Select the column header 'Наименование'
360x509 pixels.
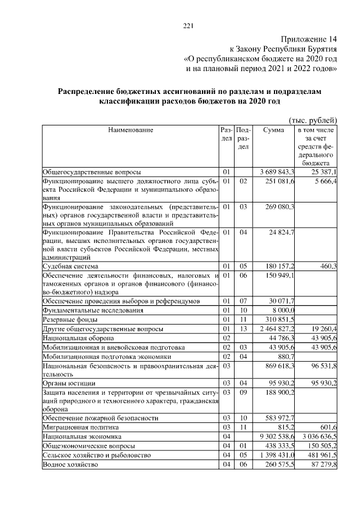(130, 130)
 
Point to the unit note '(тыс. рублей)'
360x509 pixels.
(313, 120)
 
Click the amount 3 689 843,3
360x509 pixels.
(277, 172)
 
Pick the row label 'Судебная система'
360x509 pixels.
(70, 266)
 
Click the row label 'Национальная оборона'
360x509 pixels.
(78, 338)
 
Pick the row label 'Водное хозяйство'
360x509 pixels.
(70, 465)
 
